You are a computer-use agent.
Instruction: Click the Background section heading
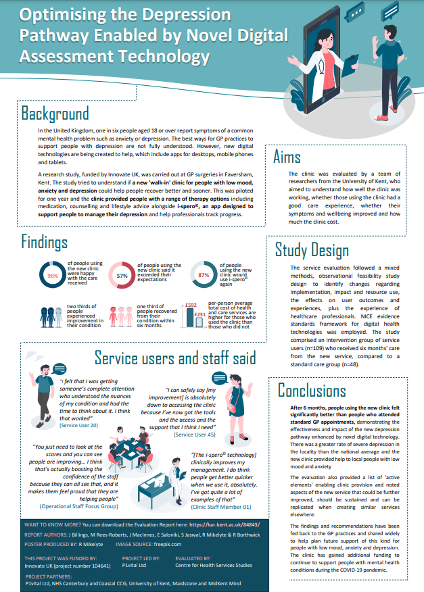[55, 112]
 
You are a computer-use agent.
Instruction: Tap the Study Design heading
[312, 250]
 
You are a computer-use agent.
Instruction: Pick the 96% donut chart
[52, 276]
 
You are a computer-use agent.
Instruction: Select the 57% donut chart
[122, 276]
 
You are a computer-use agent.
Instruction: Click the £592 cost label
[191, 305]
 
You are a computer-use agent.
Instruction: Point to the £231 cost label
[199, 314]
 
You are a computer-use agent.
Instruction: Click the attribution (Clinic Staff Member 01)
[221, 506]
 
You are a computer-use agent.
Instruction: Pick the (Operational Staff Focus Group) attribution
[80, 505]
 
